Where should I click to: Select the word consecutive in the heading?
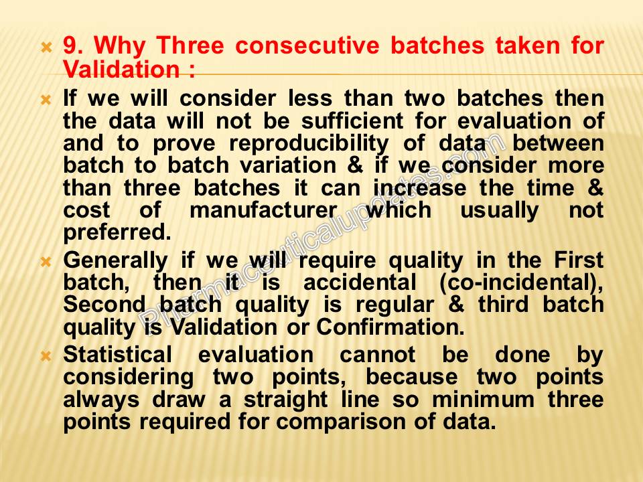click(307, 45)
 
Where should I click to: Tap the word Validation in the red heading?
click(122, 68)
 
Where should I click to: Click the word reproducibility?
click(309, 144)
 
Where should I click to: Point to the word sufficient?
click(352, 120)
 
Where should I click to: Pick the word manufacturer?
click(263, 210)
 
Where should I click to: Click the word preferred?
click(117, 233)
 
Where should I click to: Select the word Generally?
click(116, 261)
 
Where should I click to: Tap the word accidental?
click(360, 283)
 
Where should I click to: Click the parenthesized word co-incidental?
click(521, 283)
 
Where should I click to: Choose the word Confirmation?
click(390, 327)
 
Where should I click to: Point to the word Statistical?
click(118, 354)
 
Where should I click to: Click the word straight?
click(286, 400)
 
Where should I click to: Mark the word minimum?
click(484, 399)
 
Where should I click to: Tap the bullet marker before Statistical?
click(46, 355)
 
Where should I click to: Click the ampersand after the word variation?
click(355, 165)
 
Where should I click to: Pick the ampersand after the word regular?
click(456, 305)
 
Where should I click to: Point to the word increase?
click(419, 188)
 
